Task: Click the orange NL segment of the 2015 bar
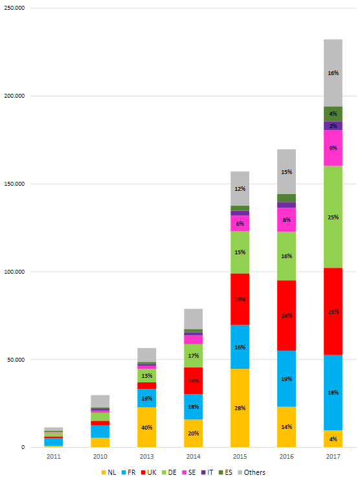coord(240,408)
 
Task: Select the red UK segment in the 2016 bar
coord(286,315)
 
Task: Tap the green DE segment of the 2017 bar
coord(333,217)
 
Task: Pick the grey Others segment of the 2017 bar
coord(333,73)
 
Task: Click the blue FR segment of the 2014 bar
coord(193,407)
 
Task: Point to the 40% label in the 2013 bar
coord(147,427)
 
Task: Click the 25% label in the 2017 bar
coord(333,217)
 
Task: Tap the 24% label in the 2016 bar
coord(286,315)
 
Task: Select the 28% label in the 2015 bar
coord(240,408)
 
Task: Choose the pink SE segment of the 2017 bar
coord(333,148)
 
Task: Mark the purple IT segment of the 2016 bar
coord(286,204)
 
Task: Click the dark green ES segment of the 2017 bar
coord(333,114)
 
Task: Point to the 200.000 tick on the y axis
coord(14,96)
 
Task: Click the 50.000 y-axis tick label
coord(16,359)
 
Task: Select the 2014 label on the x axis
coord(193,457)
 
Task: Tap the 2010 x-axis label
coord(100,457)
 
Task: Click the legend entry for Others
coord(251,472)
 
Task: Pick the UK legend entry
coord(149,472)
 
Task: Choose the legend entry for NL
coord(109,472)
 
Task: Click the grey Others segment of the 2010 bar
coord(100,401)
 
